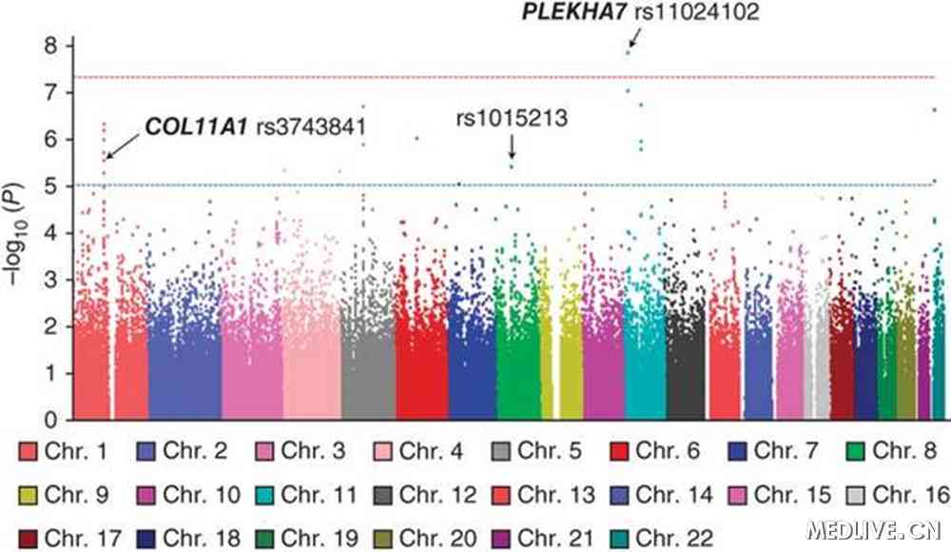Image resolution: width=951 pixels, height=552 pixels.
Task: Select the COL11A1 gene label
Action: tap(198, 127)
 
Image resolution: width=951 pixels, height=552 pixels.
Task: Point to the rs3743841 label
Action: tap(313, 127)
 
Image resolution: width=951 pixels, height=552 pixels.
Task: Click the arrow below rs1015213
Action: tap(512, 148)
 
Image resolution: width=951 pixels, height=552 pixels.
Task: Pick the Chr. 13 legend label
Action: tap(556, 494)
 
